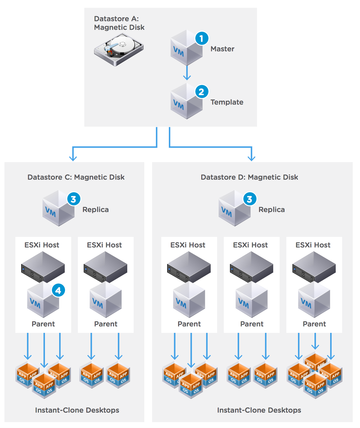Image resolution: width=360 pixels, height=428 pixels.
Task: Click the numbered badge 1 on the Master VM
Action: tap(202, 38)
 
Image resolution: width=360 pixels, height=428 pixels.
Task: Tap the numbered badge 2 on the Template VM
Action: tap(202, 92)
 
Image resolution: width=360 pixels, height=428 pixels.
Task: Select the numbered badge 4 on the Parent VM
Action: tap(58, 290)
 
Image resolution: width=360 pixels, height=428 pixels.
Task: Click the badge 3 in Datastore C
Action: tap(74, 199)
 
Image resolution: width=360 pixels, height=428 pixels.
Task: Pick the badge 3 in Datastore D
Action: tap(250, 199)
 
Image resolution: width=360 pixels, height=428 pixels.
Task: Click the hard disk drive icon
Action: tap(119, 50)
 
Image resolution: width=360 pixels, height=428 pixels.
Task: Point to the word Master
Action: tap(222, 49)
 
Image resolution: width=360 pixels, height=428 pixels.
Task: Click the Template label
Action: tap(227, 102)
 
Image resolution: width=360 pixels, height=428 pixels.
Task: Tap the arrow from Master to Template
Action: tap(187, 73)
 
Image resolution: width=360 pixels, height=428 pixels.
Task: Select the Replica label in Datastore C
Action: tap(95, 210)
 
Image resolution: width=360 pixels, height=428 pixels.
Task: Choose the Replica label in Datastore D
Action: tap(272, 210)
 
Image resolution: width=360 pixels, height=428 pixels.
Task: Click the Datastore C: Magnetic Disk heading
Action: tap(76, 177)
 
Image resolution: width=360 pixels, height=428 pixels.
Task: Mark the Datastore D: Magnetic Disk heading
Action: tap(249, 177)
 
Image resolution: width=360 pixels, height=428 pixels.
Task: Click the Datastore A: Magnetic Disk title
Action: tap(119, 23)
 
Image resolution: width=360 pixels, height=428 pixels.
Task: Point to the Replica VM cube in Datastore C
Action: tap(58, 208)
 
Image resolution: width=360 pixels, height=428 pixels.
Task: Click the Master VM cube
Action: tap(187, 47)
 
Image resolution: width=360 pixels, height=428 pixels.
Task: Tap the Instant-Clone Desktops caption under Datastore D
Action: tap(259, 410)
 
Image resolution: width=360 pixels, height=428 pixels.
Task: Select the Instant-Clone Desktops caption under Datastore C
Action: tap(77, 410)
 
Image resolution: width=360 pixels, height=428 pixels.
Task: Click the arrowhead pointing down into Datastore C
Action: tap(73, 158)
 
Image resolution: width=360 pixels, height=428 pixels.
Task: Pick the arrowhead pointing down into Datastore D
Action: tap(251, 158)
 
